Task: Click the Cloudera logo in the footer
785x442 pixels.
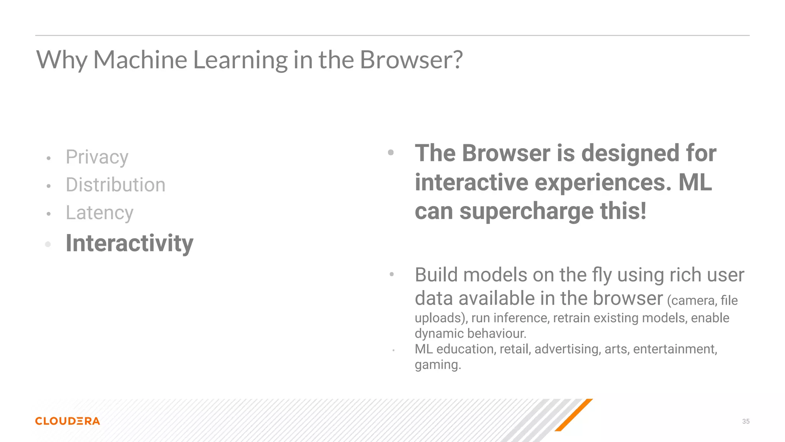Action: (67, 421)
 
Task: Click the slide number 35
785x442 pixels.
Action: (746, 421)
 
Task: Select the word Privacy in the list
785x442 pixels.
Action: (97, 157)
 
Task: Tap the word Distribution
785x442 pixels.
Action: (115, 185)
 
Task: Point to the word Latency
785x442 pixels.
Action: (100, 213)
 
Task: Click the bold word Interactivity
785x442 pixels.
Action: (130, 243)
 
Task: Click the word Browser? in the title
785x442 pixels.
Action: (411, 60)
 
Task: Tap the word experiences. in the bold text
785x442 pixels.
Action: (603, 182)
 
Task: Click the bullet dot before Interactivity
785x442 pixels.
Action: (48, 244)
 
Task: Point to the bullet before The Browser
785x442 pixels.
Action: (391, 153)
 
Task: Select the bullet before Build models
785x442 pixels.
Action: (391, 274)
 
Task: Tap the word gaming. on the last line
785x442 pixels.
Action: (438, 364)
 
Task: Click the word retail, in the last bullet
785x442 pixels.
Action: (515, 349)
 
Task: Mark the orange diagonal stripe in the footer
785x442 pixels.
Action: (573, 415)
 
